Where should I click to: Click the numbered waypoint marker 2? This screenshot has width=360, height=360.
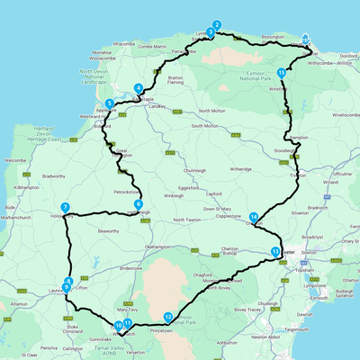click(216, 25)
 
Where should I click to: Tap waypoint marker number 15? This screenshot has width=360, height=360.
click(282, 73)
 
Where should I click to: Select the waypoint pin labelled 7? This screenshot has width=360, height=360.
click(66, 207)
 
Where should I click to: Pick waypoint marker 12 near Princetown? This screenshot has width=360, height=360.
click(168, 316)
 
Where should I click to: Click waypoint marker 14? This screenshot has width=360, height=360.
click(255, 217)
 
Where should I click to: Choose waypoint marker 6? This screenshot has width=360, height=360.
click(138, 204)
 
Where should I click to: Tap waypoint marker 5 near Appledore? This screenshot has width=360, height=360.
click(109, 103)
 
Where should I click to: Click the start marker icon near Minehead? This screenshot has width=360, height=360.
click(305, 40)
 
